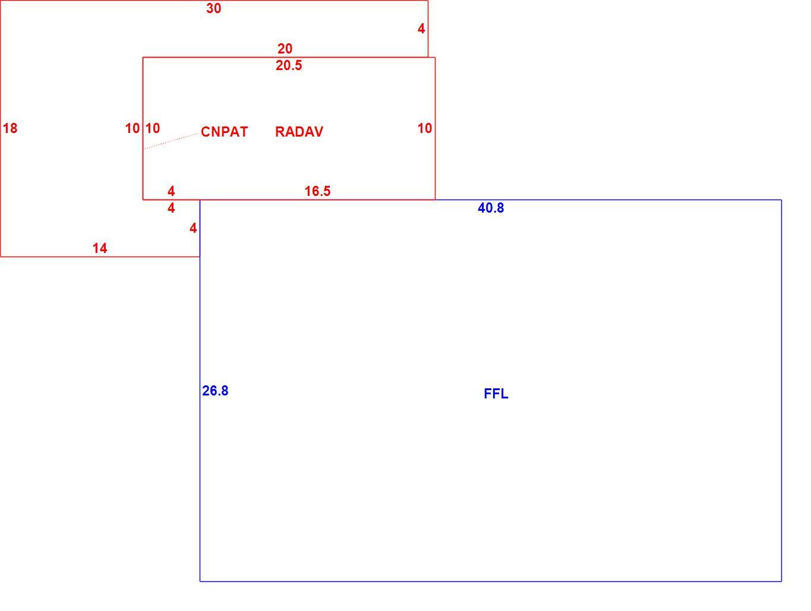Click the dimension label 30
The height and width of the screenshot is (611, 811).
point(213,8)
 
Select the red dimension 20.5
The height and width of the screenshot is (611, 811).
point(289,65)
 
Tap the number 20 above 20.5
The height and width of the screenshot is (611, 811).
point(285,49)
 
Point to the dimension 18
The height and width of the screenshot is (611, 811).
point(10,128)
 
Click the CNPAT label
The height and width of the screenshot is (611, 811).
point(224,132)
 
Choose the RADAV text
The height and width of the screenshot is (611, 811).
point(299,132)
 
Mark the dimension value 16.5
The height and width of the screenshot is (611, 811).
point(317,191)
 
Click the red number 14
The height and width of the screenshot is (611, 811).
point(100,248)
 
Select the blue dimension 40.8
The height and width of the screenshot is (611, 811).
point(491,208)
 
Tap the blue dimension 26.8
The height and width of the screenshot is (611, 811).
point(215,391)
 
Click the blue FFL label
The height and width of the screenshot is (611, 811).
point(496,394)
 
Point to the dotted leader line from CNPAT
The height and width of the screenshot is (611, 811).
point(171,141)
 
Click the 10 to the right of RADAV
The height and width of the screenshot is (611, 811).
point(425,128)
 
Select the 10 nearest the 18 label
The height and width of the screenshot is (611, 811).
point(132,128)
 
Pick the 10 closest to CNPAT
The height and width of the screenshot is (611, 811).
point(153,128)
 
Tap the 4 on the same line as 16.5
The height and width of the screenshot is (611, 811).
point(171,191)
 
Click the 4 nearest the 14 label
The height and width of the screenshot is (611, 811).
point(193,228)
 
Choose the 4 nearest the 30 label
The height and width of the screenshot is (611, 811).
point(421,29)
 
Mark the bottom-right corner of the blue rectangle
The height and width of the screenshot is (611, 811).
point(781,581)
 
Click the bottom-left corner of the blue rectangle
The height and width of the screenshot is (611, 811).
point(200,581)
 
